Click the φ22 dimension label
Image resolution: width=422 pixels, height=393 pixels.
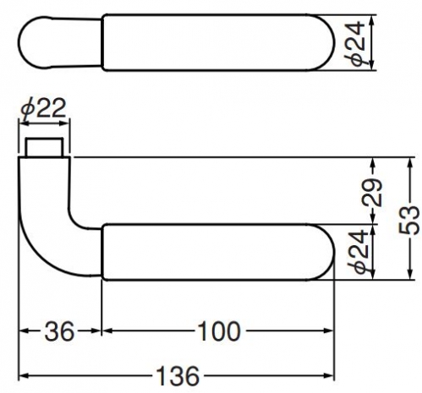tap(43, 108)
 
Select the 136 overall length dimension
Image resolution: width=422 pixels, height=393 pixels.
tap(178, 376)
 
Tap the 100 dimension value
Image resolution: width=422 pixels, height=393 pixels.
tap(219, 331)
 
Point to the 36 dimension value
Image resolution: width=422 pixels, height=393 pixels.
tap(59, 331)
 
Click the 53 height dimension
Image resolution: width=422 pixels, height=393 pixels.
tap(409, 220)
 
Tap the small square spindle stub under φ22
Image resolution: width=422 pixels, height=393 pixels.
tap(44, 147)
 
